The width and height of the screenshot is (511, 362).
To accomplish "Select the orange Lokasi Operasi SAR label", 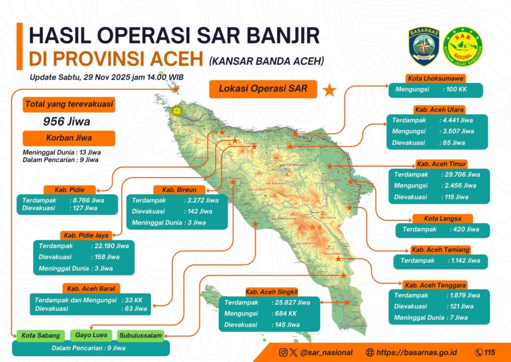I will pyautogui.click(x=262, y=89).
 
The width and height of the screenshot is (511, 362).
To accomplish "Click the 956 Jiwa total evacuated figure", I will pyautogui.click(x=67, y=121).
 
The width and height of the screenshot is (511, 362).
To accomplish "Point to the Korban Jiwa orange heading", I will pyautogui.click(x=69, y=138).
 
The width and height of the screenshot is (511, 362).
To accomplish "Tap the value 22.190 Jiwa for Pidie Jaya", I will pyautogui.click(x=111, y=245).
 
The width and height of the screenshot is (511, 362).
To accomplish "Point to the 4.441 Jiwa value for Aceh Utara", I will pyautogui.click(x=458, y=120).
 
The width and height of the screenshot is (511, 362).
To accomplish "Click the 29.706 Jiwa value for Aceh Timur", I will pyautogui.click(x=461, y=174).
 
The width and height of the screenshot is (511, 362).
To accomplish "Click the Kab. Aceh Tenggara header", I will pyautogui.click(x=435, y=285).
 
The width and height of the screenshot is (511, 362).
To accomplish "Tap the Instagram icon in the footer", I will pyautogui.click(x=283, y=352).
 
